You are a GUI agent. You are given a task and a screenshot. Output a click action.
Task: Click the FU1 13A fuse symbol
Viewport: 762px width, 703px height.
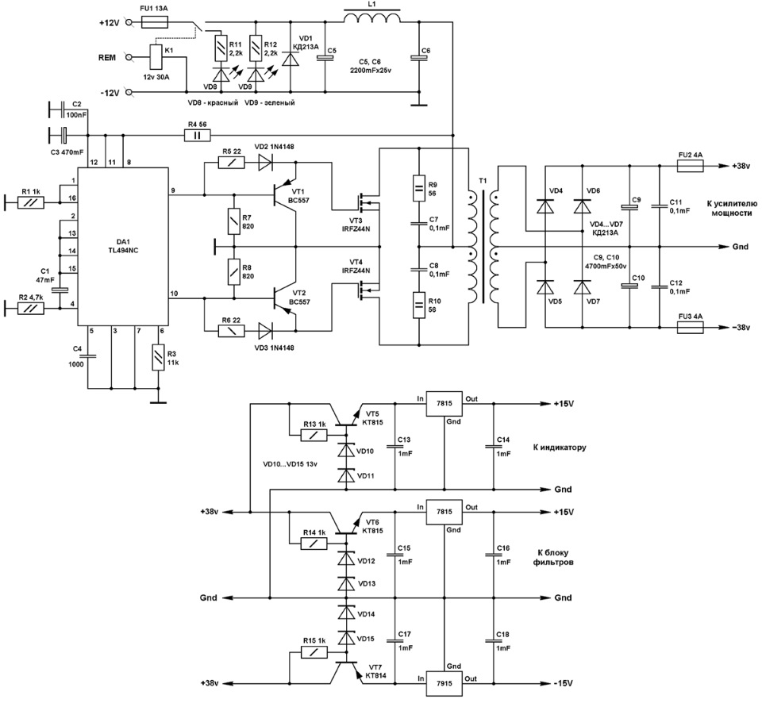point(155,22)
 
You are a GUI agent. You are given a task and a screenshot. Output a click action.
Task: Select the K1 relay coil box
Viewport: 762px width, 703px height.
point(155,57)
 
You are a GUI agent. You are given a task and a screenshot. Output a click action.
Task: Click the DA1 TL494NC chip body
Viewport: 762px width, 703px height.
point(123,246)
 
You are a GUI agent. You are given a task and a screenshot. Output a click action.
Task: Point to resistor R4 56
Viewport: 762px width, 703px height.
point(198,135)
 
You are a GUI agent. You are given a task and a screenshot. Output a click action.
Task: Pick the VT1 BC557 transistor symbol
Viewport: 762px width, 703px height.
point(286,195)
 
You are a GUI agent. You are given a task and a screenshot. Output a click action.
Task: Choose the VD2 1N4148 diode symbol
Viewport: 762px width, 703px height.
point(265,163)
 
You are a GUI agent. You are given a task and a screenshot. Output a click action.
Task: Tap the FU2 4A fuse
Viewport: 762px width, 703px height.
point(691,166)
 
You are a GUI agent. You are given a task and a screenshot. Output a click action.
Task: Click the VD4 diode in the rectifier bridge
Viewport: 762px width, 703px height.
point(545,206)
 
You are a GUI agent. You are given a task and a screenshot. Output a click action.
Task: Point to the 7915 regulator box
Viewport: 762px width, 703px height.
point(444,683)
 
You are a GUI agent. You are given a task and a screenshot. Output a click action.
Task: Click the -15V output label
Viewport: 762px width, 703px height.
point(563,683)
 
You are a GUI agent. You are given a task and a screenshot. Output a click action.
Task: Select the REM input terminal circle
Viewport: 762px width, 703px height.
point(129,57)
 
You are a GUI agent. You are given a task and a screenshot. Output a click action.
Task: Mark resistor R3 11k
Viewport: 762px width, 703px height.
point(159,357)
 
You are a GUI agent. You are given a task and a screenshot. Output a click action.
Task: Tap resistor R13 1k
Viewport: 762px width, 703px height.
point(314,436)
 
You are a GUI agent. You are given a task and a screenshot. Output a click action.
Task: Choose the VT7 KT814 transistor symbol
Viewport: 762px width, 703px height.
point(347,671)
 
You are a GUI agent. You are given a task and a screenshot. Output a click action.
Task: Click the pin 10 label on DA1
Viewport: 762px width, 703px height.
point(174,294)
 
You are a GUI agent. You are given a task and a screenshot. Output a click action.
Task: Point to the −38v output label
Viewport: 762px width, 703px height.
point(741,328)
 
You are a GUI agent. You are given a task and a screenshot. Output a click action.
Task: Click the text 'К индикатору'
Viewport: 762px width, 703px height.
point(560,448)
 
